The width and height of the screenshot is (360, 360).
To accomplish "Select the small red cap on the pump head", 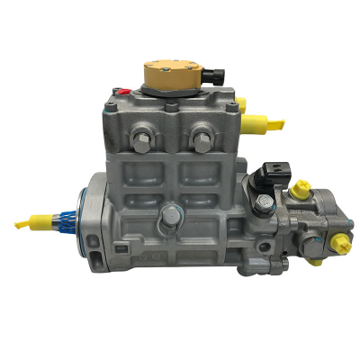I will [117, 90].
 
